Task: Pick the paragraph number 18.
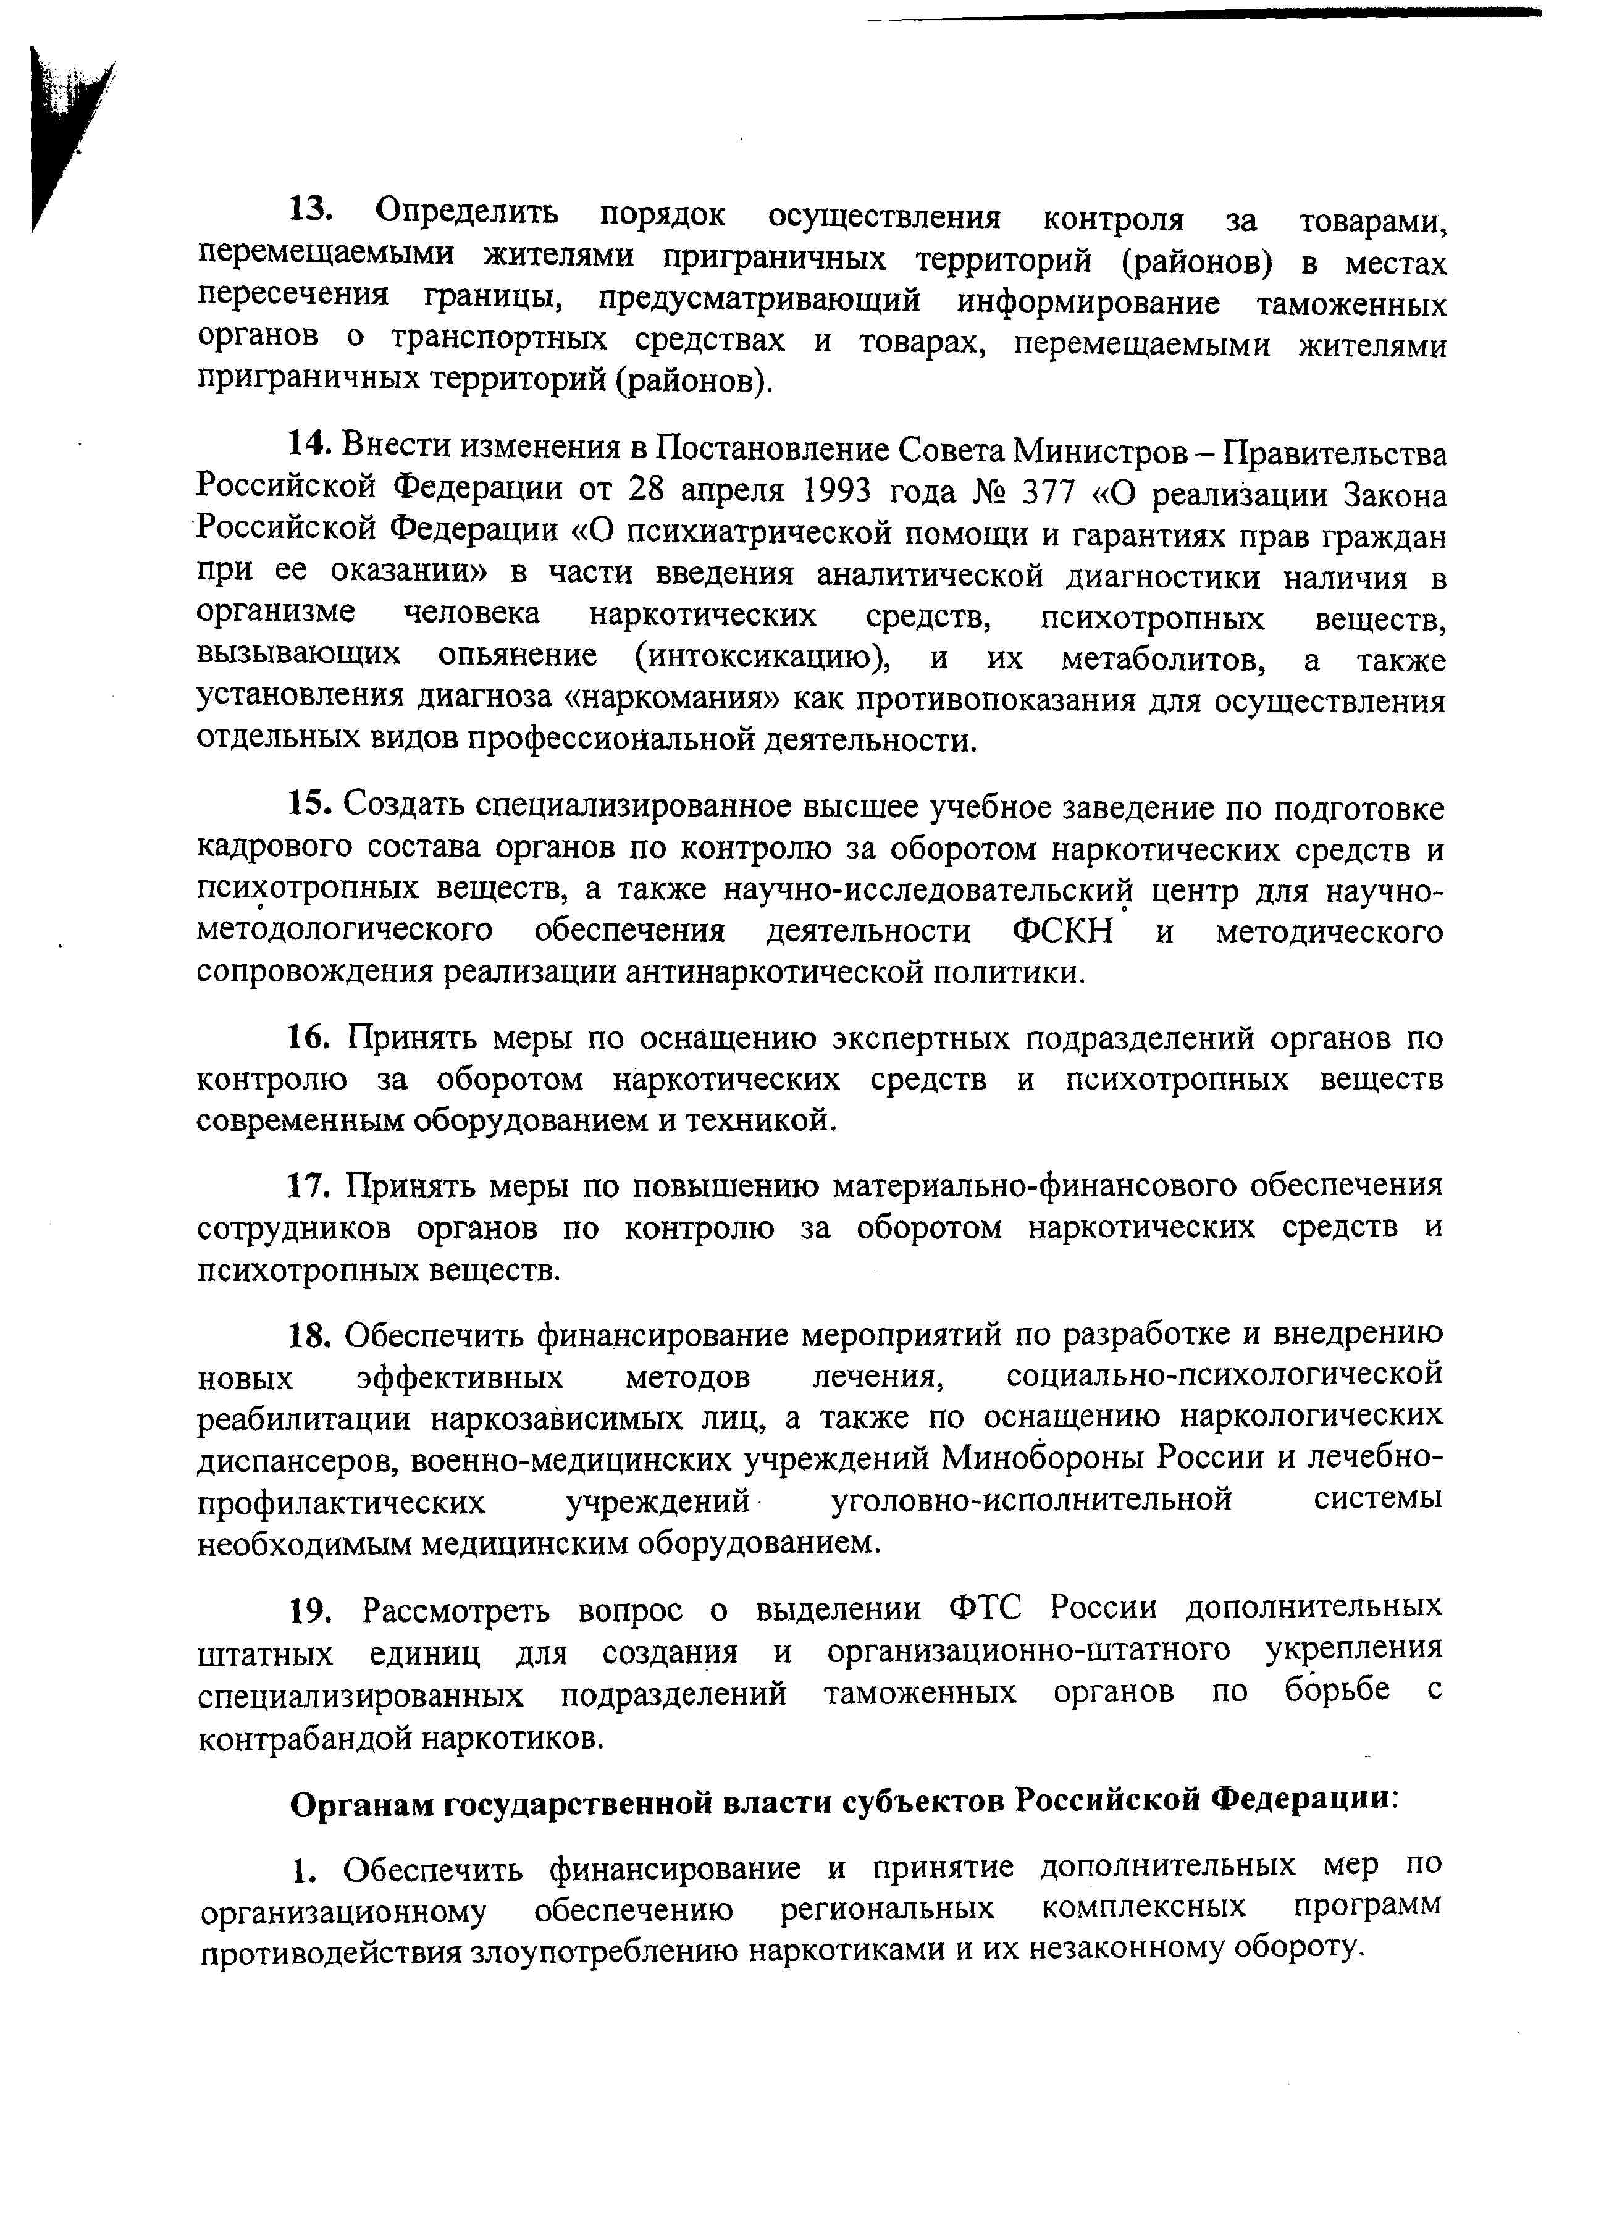[313, 1334]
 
